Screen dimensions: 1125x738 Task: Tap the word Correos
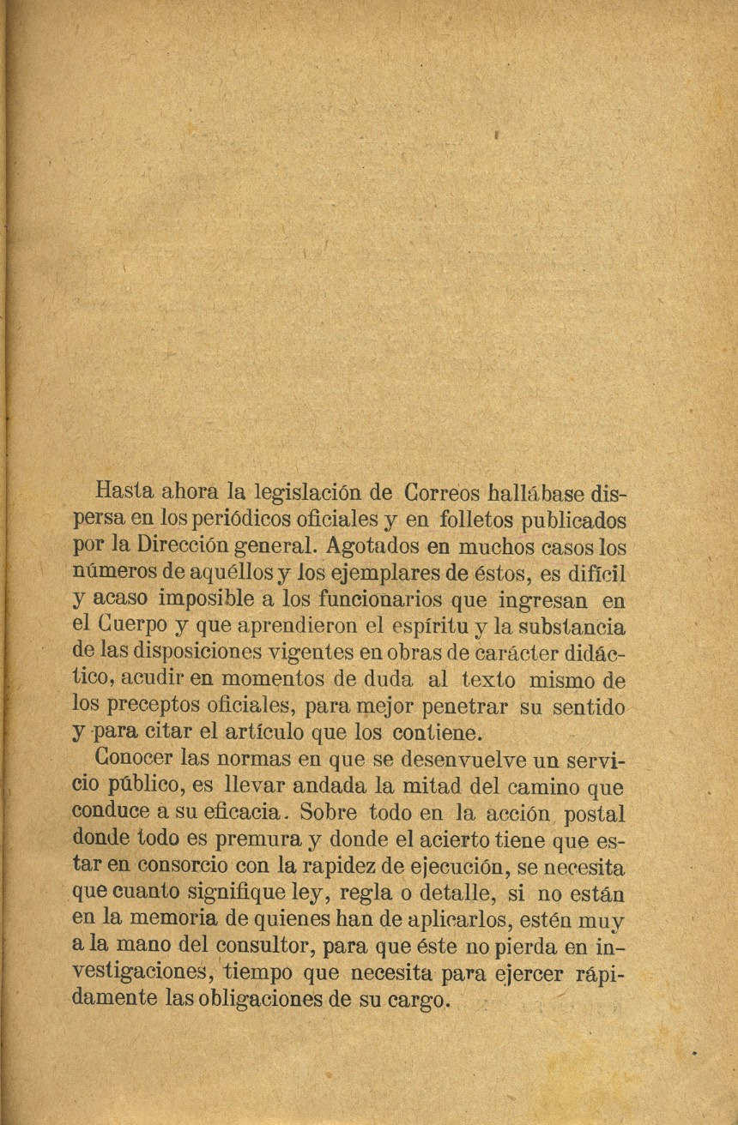441,493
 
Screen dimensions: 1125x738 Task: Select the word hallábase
536,494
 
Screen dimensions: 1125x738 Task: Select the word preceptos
154,707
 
